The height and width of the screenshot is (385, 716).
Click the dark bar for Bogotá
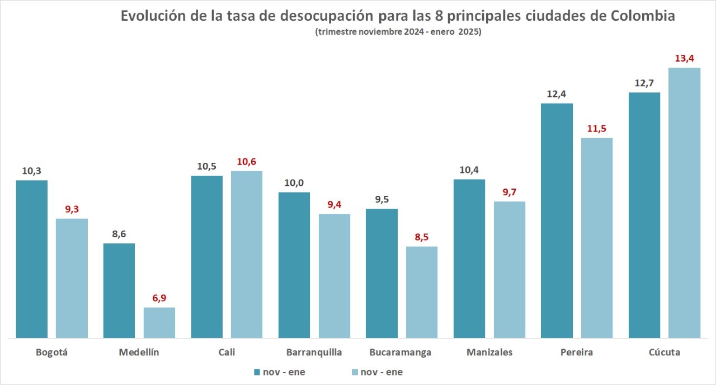(32, 259)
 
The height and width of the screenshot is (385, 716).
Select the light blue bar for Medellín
(159, 323)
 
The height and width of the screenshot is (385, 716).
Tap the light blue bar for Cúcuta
(685, 203)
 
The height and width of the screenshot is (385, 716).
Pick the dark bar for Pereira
(557, 220)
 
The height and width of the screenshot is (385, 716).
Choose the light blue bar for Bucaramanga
(422, 292)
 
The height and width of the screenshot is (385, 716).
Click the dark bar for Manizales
(469, 259)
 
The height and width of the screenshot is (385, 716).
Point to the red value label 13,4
(685, 59)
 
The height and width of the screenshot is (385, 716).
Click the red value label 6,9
(159, 298)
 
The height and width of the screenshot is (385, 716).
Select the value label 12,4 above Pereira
(557, 94)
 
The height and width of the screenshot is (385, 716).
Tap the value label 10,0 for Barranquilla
(294, 183)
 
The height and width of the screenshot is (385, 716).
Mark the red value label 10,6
(247, 162)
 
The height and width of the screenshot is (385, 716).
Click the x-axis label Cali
(227, 353)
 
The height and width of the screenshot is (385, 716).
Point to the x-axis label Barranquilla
(314, 353)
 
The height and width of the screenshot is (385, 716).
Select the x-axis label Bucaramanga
(401, 353)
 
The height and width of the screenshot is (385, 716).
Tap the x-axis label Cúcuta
(665, 353)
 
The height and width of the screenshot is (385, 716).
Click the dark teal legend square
(257, 372)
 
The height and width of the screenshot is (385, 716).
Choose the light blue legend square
(355, 372)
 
